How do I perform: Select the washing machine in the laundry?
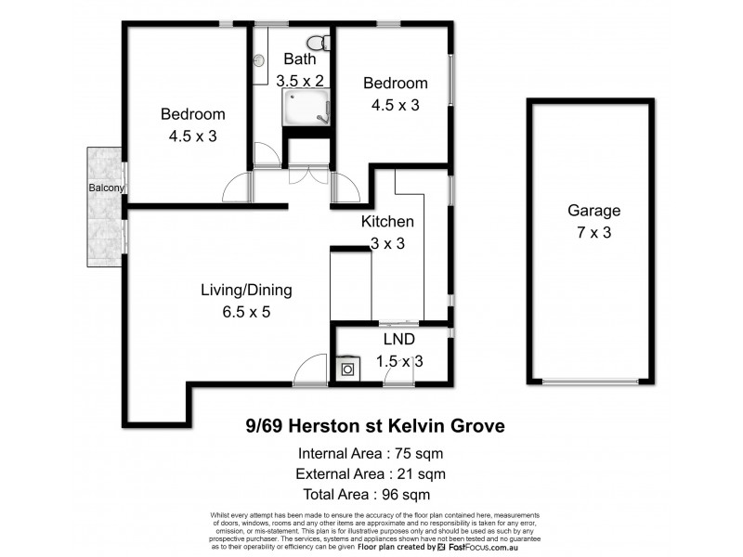coord(347,369)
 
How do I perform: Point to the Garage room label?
coord(593,211)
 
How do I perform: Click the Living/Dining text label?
coord(247,290)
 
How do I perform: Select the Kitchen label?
coord(387,222)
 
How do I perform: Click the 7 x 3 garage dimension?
coord(593,232)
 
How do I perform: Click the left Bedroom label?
coord(193,114)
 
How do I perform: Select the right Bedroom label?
coord(396,83)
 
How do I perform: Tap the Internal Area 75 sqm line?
coord(370,455)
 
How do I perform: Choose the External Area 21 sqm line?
coord(370,474)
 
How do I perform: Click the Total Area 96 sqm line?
coord(370,495)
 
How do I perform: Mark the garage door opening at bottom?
coord(592,382)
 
